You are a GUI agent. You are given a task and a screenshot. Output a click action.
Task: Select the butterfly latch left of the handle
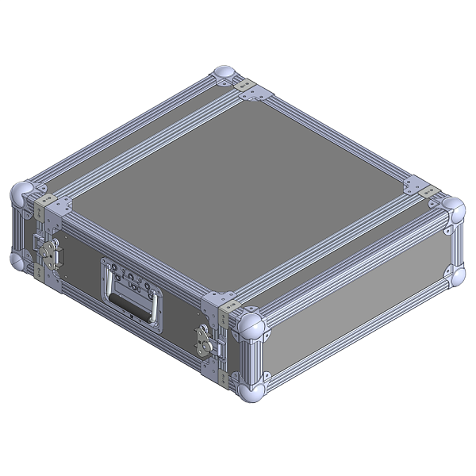[x=49, y=252]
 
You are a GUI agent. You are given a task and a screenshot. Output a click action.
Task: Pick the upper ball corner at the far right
[x=453, y=207]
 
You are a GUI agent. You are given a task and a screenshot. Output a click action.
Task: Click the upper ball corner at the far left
[x=21, y=192]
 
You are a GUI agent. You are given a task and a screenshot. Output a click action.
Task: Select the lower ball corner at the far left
[x=20, y=259]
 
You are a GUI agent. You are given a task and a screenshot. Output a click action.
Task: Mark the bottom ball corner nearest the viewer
[x=249, y=395]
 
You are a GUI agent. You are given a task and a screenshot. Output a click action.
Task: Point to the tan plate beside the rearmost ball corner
[x=245, y=83]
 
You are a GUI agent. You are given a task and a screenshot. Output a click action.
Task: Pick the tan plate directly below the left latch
[x=40, y=271]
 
